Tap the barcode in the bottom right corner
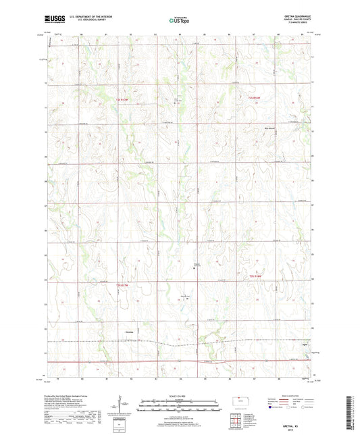pyautogui.click(x=351, y=413)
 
